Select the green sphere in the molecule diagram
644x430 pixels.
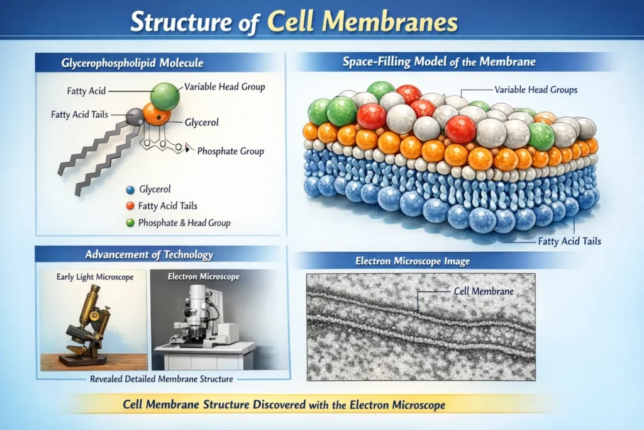coord(165,96)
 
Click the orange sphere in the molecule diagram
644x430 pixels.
coord(157,115)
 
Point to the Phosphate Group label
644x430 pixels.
coord(231,151)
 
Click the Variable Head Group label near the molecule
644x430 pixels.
coord(225,87)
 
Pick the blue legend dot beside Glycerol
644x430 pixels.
coord(130,190)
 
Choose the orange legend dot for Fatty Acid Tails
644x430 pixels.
coord(130,206)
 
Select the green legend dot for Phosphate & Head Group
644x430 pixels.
coord(130,222)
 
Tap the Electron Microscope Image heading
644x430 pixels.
coord(413,261)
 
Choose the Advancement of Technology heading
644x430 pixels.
coord(149,255)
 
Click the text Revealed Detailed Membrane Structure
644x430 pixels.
coord(162,379)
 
